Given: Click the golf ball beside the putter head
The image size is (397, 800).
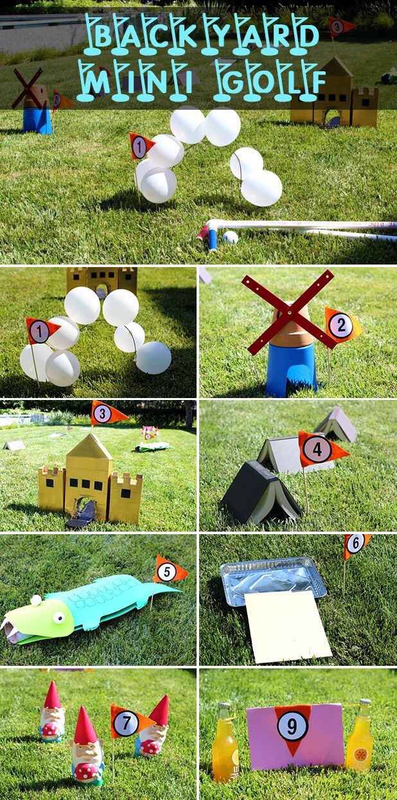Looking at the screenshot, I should (x=230, y=238).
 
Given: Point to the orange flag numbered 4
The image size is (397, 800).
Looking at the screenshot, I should (x=321, y=448).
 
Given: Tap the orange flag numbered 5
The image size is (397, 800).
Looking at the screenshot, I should (x=170, y=570).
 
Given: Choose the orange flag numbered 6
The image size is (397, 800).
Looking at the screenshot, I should (x=355, y=544).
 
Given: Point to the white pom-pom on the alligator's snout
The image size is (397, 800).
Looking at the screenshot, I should (x=36, y=600).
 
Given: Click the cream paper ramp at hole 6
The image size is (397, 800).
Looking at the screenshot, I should (x=287, y=626).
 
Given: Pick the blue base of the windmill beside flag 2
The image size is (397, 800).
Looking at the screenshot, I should (x=292, y=369).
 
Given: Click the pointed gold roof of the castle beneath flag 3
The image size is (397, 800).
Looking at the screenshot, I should (x=89, y=446).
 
